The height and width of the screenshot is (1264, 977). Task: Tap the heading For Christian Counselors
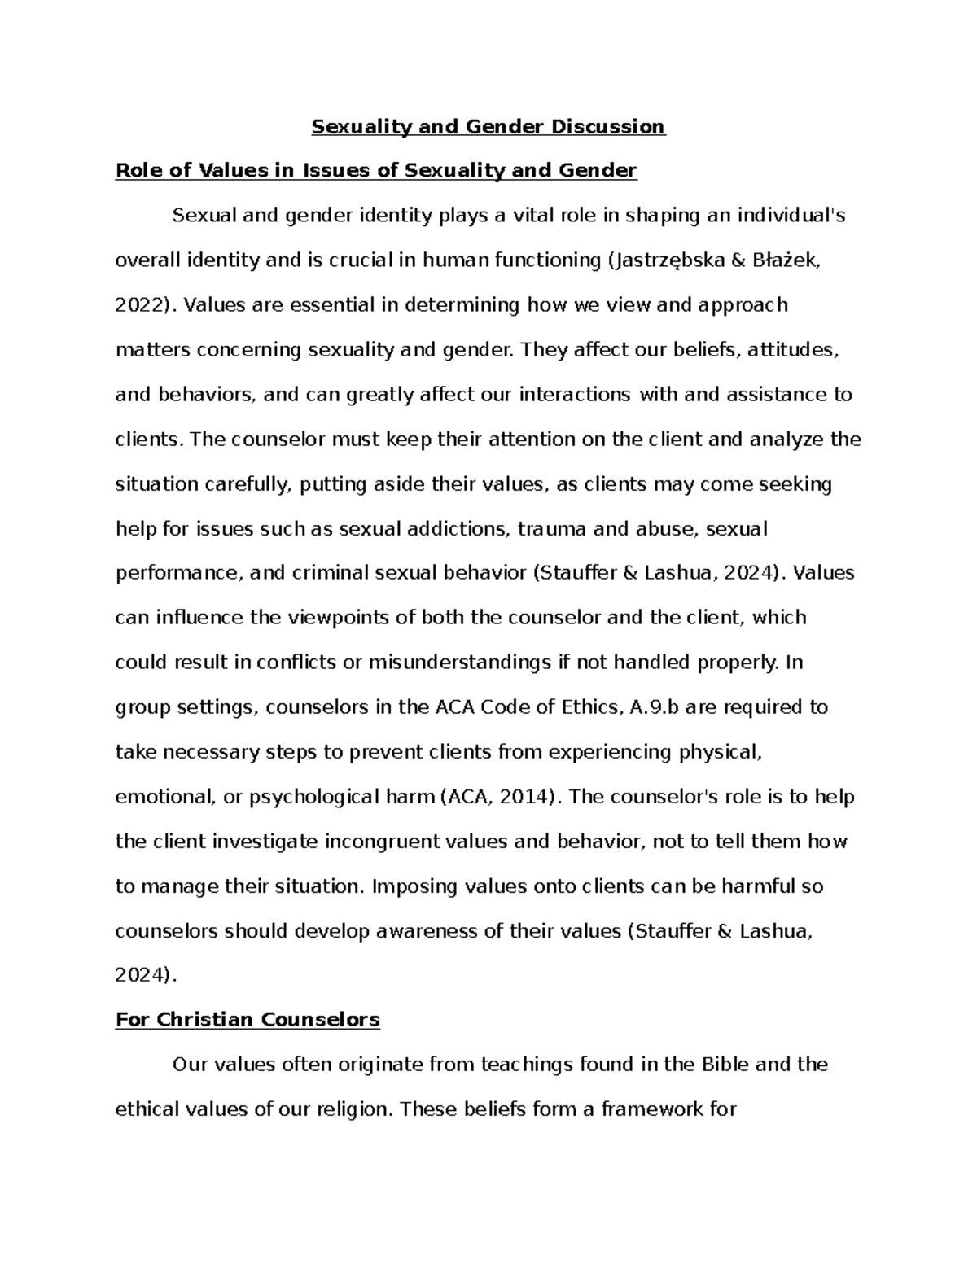click(x=248, y=1020)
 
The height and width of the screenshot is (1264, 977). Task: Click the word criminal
click(x=334, y=573)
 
